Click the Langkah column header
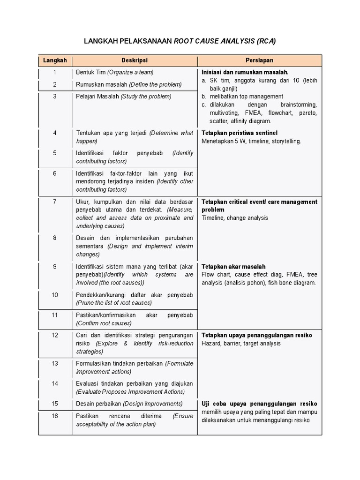coord(55,60)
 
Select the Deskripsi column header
coord(135,60)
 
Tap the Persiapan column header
coord(259,60)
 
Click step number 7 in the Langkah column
coord(55,202)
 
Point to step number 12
coord(55,335)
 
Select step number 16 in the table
coord(55,416)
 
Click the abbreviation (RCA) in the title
coord(266,41)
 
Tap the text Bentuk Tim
coord(91,72)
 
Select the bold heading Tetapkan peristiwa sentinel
coord(240,133)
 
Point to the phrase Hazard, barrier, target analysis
coord(241,344)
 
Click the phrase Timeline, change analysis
coord(235,218)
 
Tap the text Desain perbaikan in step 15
coord(98,404)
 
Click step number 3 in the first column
coord(55,96)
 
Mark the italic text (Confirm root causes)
coord(104,323)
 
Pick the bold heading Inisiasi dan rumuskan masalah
coord(245,72)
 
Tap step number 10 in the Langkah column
coord(55,295)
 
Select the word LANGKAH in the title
coord(101,41)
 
